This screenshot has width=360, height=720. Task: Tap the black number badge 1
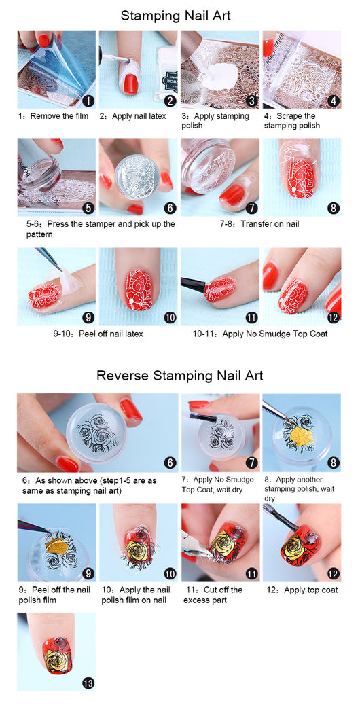tap(88, 101)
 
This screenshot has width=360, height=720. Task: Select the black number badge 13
tap(88, 683)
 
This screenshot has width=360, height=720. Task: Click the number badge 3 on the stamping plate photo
tap(251, 101)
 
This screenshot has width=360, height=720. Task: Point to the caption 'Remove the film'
tap(59, 116)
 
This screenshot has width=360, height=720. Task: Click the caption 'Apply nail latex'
tap(139, 116)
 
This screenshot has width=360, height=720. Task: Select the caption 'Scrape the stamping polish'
tap(291, 121)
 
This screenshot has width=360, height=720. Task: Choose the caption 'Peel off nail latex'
tap(111, 334)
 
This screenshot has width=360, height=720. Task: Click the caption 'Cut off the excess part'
tap(213, 595)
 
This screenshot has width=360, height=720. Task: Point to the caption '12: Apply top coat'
tap(302, 590)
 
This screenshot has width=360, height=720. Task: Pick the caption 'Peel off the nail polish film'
tap(54, 595)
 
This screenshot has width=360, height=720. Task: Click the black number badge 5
tap(88, 208)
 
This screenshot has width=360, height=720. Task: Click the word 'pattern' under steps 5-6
tap(39, 234)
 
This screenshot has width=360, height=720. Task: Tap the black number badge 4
tap(334, 101)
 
